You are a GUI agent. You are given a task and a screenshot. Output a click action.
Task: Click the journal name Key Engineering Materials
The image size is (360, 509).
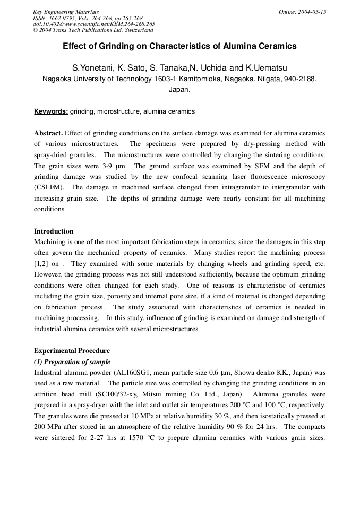point(66,12)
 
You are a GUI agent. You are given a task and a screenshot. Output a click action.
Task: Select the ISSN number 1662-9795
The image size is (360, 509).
point(70,18)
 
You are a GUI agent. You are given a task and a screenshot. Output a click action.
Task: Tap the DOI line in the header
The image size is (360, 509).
point(94,24)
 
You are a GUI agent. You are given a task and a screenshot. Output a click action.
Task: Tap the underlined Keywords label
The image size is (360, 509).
point(51,111)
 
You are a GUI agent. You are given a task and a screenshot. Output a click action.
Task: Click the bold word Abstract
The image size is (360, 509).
point(48,133)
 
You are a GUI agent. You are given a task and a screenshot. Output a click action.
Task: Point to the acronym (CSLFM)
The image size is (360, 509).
point(50,187)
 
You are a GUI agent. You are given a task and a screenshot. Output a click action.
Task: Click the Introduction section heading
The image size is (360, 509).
point(54,231)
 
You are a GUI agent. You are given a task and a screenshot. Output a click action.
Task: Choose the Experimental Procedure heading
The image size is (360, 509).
point(72,351)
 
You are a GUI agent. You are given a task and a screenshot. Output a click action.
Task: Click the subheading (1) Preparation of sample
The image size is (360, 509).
point(72,361)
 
